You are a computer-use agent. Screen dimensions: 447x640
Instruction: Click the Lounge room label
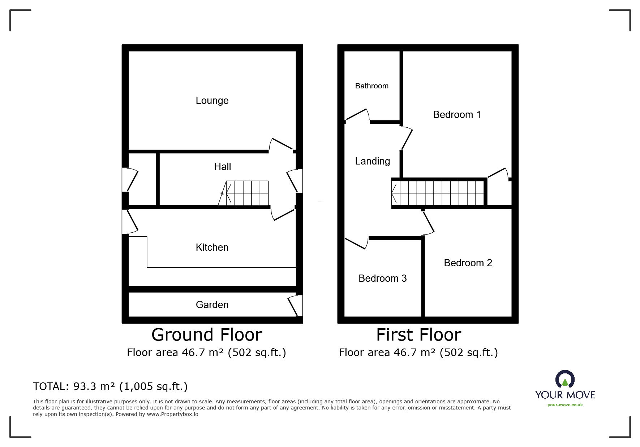pos(212,101)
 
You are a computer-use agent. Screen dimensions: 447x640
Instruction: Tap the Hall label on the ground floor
pos(222,167)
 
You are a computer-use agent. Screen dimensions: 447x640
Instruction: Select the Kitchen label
pos(212,247)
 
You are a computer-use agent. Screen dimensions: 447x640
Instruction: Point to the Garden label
pos(212,305)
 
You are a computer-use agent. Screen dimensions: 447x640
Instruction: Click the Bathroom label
pos(371,86)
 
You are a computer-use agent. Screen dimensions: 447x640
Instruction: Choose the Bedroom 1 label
pos(456,115)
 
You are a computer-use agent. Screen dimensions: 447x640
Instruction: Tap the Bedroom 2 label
pos(468,263)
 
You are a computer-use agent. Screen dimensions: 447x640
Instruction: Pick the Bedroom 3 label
pos(382,279)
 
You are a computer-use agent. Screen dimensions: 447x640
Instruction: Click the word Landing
pos(372,161)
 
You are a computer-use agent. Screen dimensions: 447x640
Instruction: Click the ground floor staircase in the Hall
pos(246,193)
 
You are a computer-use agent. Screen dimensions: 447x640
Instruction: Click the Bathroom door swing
pos(358,115)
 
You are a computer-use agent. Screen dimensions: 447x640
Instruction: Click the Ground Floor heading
pos(206,335)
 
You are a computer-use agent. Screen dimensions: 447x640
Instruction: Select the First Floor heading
pos(418,335)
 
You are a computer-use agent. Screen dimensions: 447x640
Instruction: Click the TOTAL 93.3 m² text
pos(110,387)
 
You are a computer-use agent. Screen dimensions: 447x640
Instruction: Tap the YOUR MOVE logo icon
pos(564,380)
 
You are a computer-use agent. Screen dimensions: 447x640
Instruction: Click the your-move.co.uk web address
pos(565,405)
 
